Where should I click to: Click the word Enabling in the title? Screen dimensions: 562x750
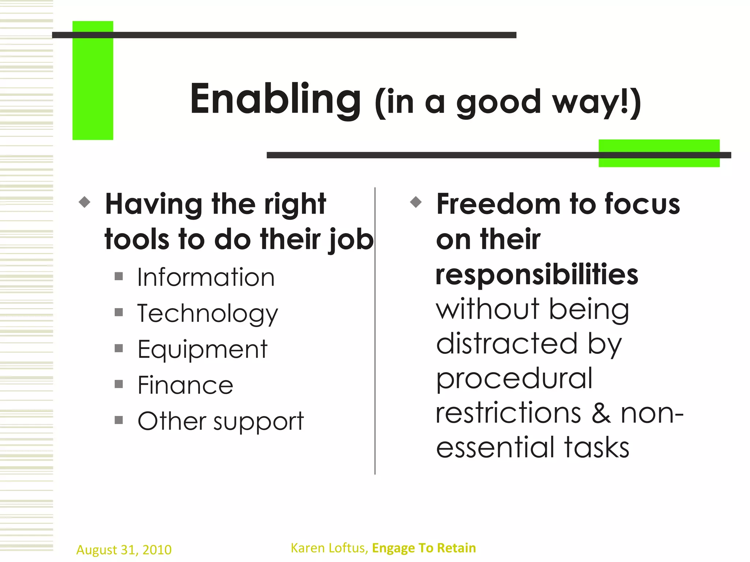click(275, 99)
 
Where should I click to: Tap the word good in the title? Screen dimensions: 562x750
click(498, 102)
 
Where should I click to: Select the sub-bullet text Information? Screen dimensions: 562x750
click(206, 277)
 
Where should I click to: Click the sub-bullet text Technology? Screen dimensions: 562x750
click(208, 314)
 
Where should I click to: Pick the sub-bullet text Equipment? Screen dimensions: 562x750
click(203, 349)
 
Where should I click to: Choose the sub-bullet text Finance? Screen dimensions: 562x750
click(185, 385)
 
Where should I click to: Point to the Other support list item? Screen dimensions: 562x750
click(220, 421)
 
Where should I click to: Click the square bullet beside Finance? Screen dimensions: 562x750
click(119, 384)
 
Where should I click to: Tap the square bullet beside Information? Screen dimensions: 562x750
click(119, 276)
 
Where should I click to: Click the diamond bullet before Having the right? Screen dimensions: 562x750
click(85, 202)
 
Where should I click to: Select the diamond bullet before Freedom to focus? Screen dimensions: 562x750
click(416, 202)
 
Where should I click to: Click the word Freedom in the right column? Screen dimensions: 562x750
click(498, 204)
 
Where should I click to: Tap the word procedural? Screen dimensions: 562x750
click(514, 378)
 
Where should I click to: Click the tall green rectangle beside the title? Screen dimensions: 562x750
click(93, 80)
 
